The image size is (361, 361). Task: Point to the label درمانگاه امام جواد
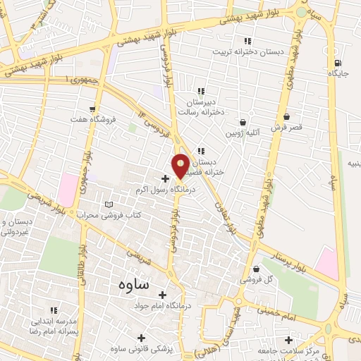coord(162,307)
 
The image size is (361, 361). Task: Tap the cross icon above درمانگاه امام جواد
coord(162,295)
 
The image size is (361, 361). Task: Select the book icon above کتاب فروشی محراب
coord(109,204)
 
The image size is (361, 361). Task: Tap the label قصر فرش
coord(286,128)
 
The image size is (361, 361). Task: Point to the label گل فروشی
coord(272,281)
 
